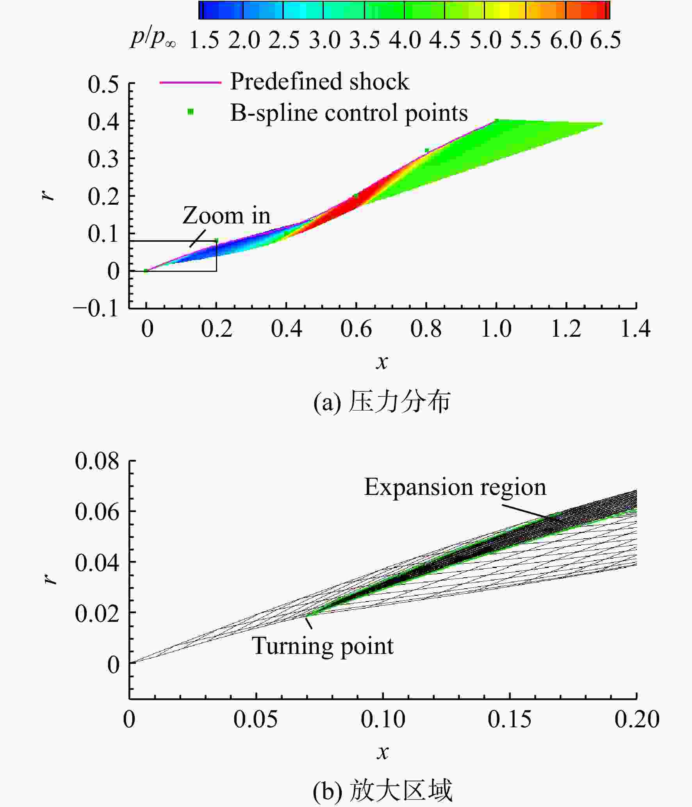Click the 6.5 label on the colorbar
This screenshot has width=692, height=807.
(x=605, y=40)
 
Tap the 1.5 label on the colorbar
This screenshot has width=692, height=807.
(x=204, y=40)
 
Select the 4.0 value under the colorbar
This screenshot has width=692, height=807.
(x=405, y=40)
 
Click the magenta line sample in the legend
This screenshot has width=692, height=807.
(x=190, y=82)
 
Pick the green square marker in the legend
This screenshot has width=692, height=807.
(x=191, y=112)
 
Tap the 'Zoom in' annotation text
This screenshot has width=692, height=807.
(x=227, y=216)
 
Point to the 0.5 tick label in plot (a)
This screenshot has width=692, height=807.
(x=103, y=84)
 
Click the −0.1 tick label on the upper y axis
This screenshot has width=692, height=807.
(x=96, y=309)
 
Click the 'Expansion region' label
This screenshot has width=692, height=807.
(x=455, y=487)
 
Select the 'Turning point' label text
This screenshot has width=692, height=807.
(x=323, y=646)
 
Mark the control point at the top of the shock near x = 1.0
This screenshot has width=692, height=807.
(x=497, y=120)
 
